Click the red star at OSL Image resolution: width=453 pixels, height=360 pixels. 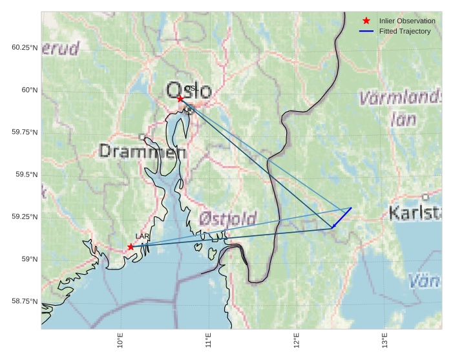180,98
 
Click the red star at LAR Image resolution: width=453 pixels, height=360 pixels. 131,247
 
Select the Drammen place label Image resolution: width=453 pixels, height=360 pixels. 143,152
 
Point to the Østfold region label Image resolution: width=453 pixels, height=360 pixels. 228,218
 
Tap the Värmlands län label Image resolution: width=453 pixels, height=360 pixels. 401,109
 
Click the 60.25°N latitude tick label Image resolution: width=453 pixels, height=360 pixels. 25,48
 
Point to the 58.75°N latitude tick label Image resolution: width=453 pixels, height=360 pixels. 25,301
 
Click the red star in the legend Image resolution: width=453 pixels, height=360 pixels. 366,21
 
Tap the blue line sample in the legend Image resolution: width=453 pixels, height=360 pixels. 366,31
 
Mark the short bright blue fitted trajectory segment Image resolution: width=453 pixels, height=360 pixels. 341,218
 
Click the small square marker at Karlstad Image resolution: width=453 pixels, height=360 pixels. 425,196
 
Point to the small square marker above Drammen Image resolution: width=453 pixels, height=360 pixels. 142,136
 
